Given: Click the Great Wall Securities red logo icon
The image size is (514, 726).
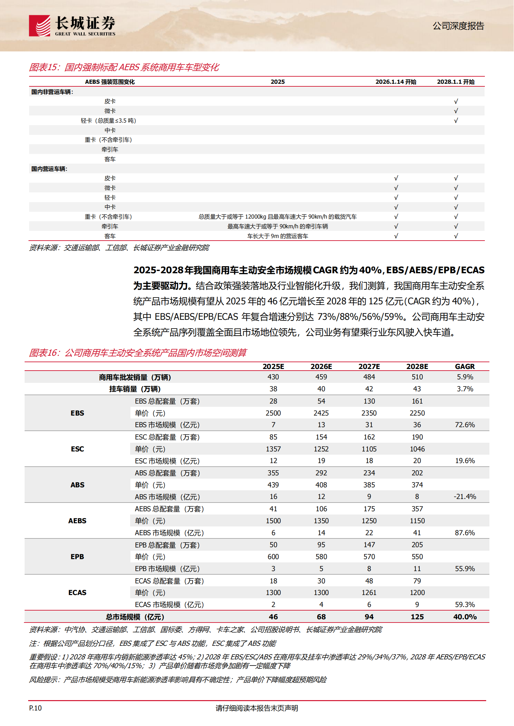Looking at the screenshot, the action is coord(39,26).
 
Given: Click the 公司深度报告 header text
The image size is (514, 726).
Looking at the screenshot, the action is coord(458,26).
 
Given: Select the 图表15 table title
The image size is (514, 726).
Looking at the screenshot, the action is coord(124,67).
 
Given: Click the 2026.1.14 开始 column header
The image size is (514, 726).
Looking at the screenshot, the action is coord(396,82).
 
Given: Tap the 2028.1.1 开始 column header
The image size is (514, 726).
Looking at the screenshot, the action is coord(455,82).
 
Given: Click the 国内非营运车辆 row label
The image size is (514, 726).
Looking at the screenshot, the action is coord(52,92).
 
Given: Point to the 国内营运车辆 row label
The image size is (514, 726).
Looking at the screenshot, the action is coord(49,169).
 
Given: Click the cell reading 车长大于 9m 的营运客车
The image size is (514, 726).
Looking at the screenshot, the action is coord(277,236).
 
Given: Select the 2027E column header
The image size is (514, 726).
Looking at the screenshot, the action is coord(369,366).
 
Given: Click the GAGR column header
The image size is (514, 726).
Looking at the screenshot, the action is coord(464,366).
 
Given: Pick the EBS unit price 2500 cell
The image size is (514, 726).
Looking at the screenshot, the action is coord(273,413).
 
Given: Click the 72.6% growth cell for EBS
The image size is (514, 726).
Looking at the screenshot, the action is coord(464,425).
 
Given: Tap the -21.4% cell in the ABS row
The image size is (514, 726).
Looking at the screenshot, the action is coord(464,497).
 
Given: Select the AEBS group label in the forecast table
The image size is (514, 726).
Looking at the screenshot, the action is coord(77,521).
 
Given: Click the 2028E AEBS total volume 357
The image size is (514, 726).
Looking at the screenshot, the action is coord(417,509).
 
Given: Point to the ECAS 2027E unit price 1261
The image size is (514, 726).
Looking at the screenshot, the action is coord(369,592).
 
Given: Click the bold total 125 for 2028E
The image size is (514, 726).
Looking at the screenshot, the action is coord(417,617).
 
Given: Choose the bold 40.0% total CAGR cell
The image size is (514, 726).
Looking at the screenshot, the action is coord(464,617).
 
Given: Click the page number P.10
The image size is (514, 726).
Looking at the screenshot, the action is coord(35,708).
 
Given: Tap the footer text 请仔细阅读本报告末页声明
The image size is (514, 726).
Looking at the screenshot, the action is coord(257,708).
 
